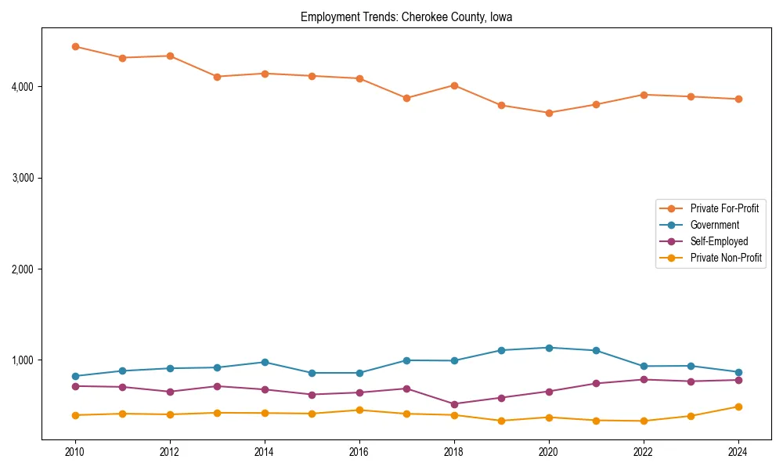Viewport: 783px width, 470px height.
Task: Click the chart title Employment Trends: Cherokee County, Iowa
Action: pyautogui.click(x=406, y=17)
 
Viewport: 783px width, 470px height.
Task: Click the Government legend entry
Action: pyautogui.click(x=714, y=225)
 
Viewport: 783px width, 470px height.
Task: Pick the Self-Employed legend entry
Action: pyautogui.click(x=719, y=241)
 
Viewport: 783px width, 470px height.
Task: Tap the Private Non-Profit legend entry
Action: pyautogui.click(x=726, y=258)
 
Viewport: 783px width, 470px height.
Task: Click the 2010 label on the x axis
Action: pyautogui.click(x=75, y=452)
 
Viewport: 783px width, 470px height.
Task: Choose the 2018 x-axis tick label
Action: pyautogui.click(x=454, y=452)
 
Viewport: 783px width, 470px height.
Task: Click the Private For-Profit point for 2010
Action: pyautogui.click(x=75, y=46)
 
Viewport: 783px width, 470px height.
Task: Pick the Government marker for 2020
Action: pyautogui.click(x=549, y=348)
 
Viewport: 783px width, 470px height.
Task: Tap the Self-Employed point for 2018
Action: pyautogui.click(x=454, y=404)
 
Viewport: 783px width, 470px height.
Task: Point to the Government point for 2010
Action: pyautogui.click(x=75, y=376)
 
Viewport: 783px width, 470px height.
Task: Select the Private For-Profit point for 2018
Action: pyautogui.click(x=454, y=85)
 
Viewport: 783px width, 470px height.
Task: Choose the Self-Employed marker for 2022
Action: pyautogui.click(x=644, y=379)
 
